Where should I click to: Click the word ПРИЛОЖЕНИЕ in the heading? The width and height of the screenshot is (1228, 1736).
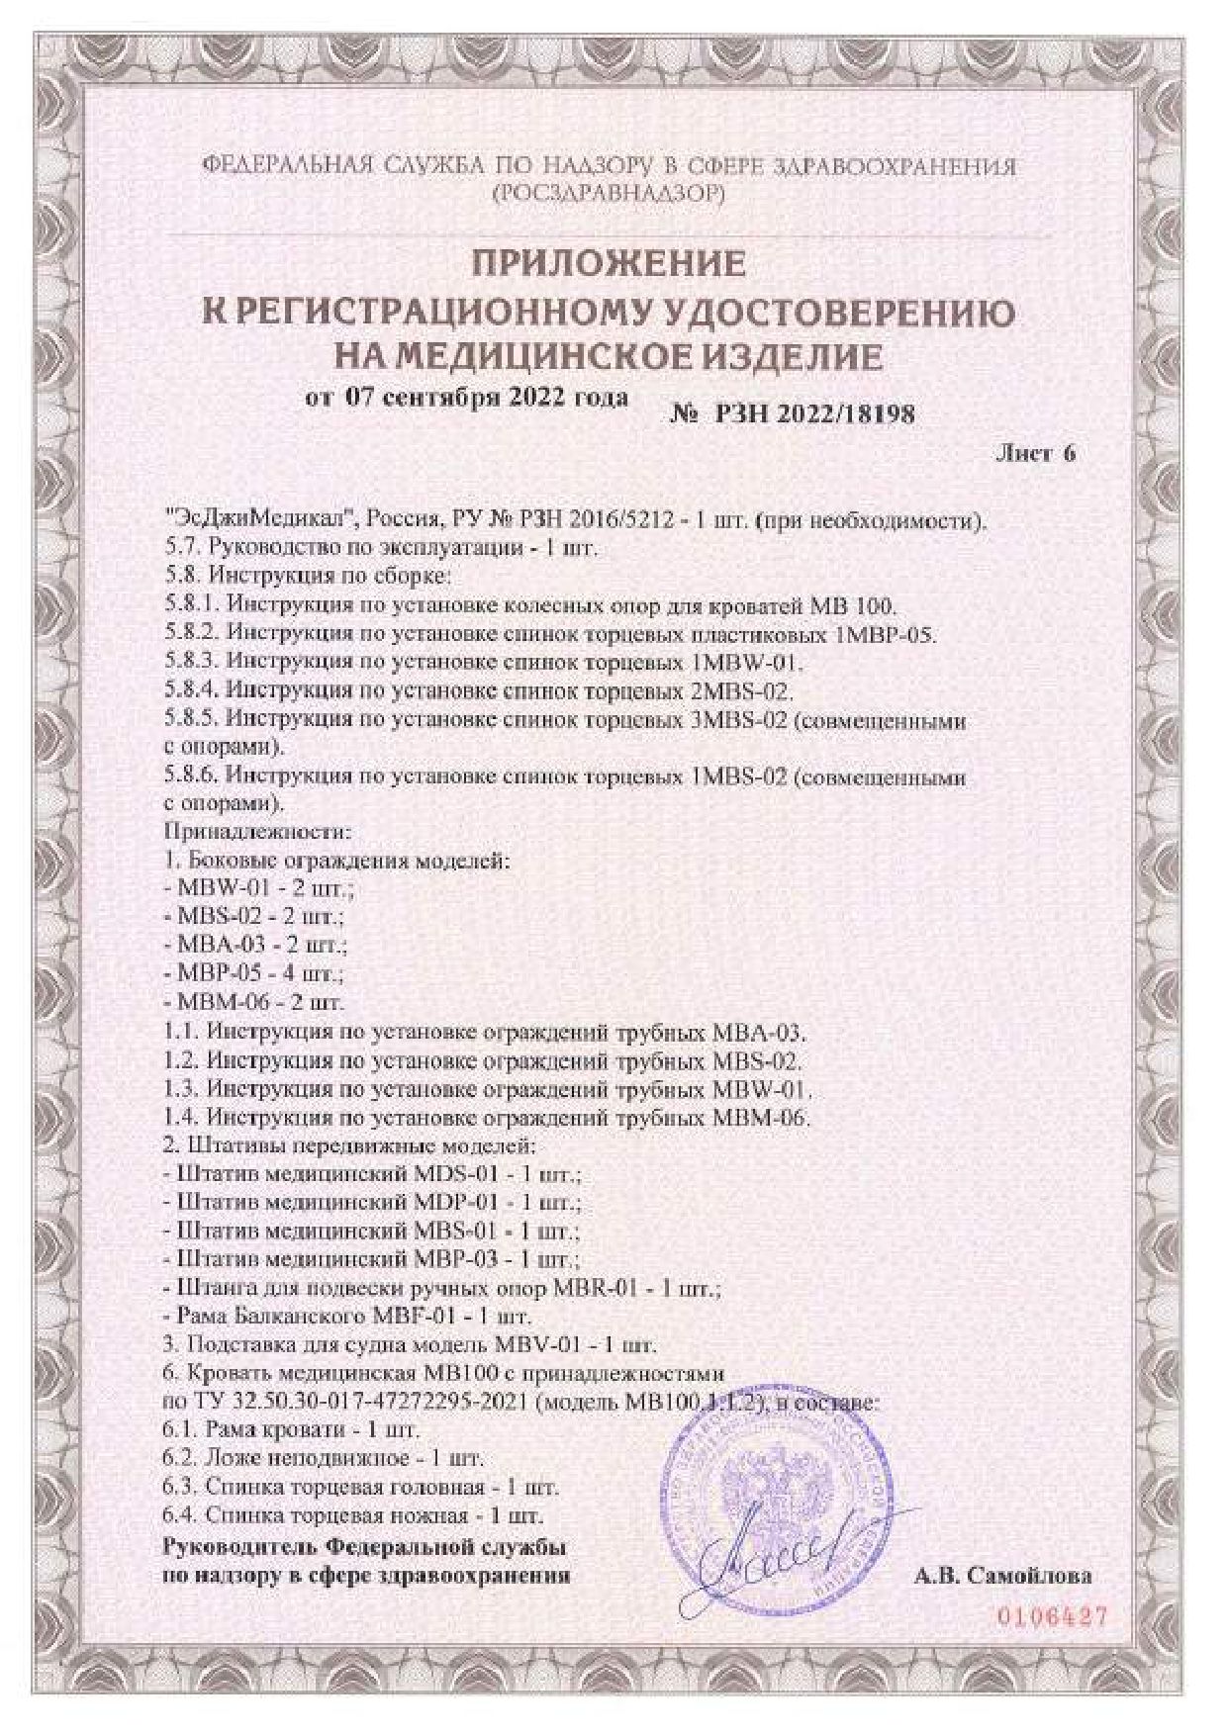(x=607, y=264)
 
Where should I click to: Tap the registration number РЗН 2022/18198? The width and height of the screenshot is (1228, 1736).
(x=806, y=413)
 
